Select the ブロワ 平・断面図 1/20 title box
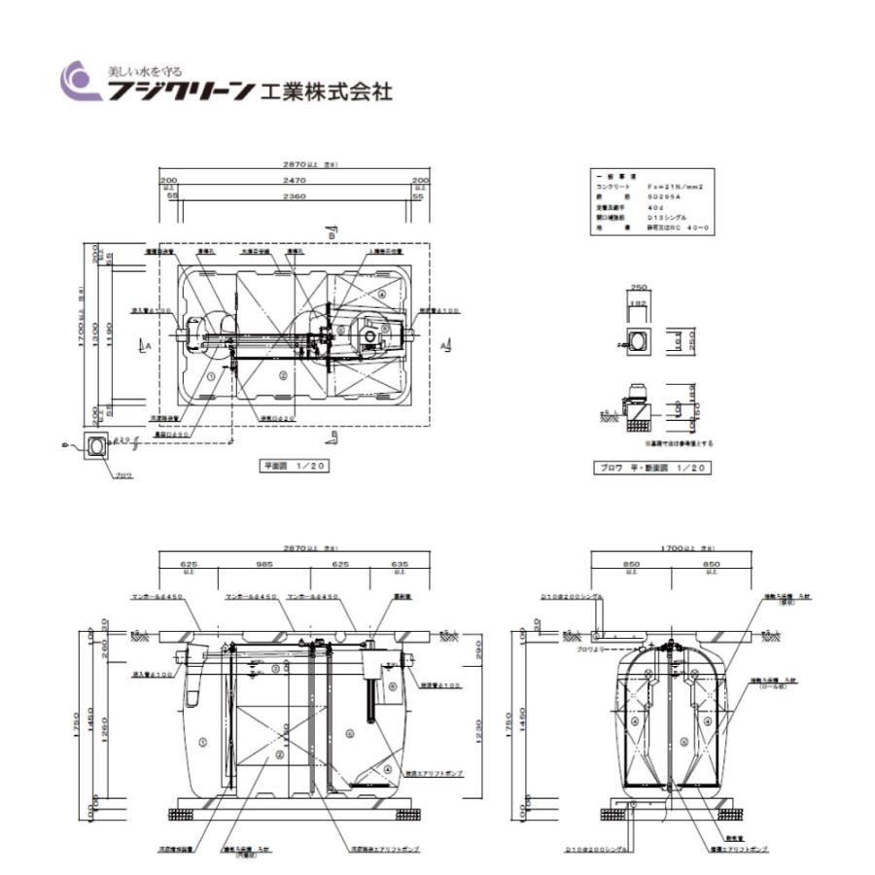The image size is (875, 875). tap(650, 468)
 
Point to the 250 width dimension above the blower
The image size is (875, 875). tap(638, 288)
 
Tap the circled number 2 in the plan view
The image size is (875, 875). tap(282, 373)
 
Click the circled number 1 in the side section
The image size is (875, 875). tap(202, 740)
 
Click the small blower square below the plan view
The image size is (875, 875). tap(97, 445)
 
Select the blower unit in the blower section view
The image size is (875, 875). tap(638, 392)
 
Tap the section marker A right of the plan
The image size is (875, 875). tap(444, 346)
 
